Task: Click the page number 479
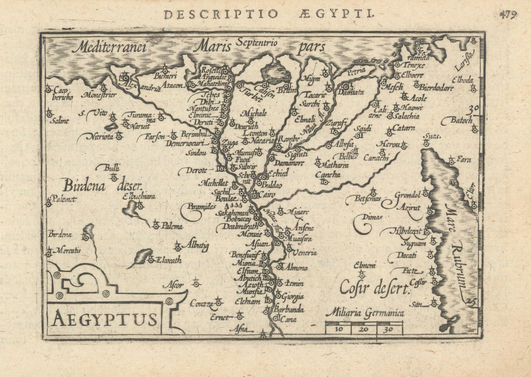coord(508,14)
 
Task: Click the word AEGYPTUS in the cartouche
coord(105,319)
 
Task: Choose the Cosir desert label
coord(375,288)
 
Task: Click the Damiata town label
coord(350,92)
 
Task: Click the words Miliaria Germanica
coord(365,313)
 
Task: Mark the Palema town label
coord(172,226)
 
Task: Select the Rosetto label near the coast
coord(210,69)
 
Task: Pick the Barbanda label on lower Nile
coord(289,309)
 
